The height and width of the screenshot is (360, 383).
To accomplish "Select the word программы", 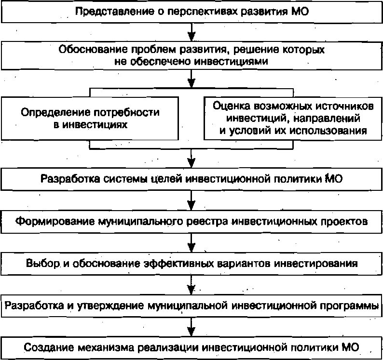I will click(x=348, y=306).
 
